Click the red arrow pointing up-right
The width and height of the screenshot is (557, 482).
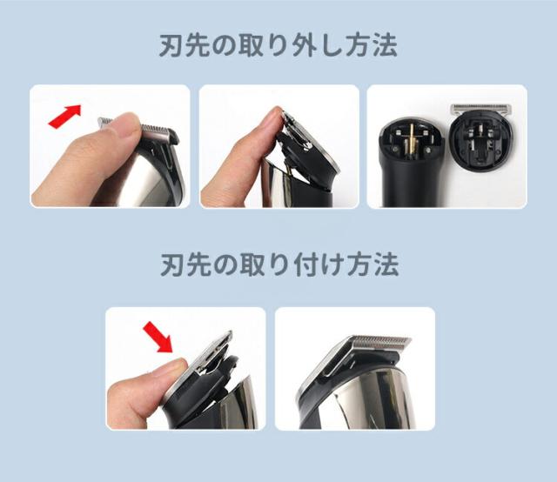[65, 116]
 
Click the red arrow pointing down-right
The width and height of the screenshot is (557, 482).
[158, 337]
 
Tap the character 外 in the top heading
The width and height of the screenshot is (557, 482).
[304, 46]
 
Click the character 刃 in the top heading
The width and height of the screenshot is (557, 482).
[171, 46]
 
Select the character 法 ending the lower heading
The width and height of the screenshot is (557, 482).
[386, 265]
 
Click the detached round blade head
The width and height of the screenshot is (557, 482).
[481, 137]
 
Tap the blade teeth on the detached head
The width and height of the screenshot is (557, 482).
[480, 108]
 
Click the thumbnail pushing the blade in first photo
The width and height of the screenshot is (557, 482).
[127, 126]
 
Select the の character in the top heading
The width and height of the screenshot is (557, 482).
[225, 46]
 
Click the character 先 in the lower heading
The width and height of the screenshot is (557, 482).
[198, 265]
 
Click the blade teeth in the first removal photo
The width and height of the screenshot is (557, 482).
[157, 129]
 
